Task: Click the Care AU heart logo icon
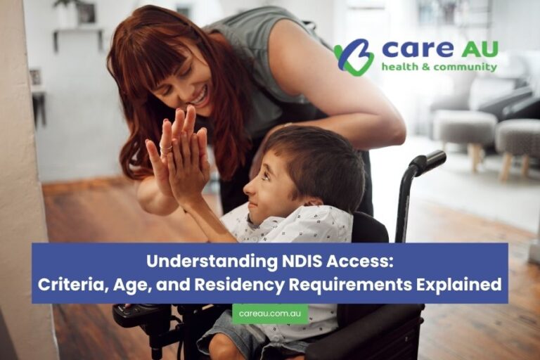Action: click(x=354, y=57)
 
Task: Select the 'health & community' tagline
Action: click(x=439, y=67)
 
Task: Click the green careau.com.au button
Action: click(x=270, y=314)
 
